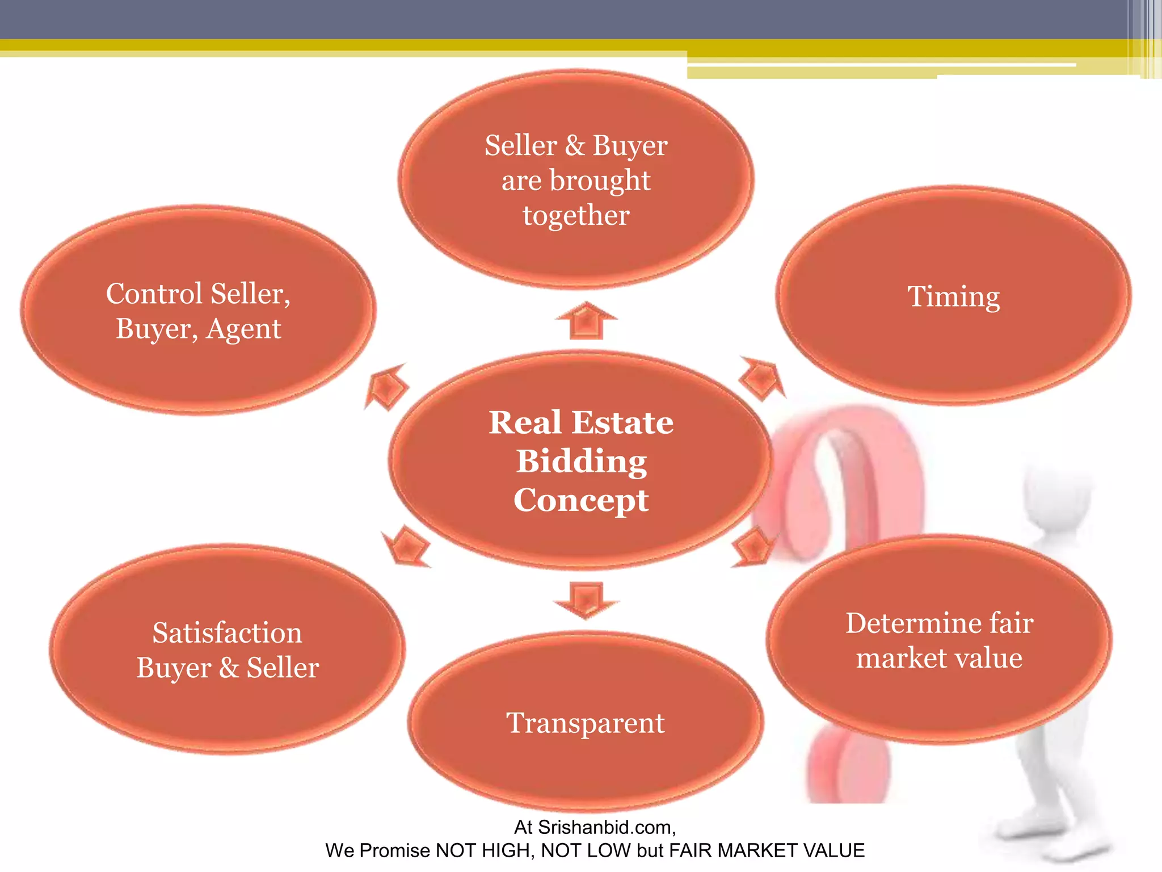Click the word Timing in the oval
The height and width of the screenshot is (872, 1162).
[953, 297]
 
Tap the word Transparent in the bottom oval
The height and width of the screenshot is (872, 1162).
[585, 723]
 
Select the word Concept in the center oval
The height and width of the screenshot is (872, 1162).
[581, 501]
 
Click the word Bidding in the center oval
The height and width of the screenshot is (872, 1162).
[582, 461]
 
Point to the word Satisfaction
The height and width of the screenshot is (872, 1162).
[227, 632]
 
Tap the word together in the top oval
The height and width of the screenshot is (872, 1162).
[576, 216]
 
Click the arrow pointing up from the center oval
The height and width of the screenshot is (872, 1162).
[586, 321]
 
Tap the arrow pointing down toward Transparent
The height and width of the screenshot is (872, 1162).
[586, 599]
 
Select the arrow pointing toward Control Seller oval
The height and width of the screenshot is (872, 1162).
[386, 387]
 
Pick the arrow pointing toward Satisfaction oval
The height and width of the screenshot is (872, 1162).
[406, 546]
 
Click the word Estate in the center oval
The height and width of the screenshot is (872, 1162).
[622, 422]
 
